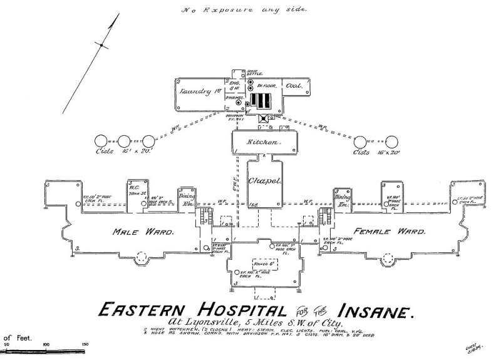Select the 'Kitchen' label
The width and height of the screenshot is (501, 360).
point(263,143)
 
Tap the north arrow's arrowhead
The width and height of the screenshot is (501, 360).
point(115,21)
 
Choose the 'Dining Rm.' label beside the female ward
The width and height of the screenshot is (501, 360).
point(343,200)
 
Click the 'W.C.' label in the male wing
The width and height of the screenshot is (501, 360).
point(133,186)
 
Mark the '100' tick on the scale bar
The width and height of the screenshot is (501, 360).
point(45,344)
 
